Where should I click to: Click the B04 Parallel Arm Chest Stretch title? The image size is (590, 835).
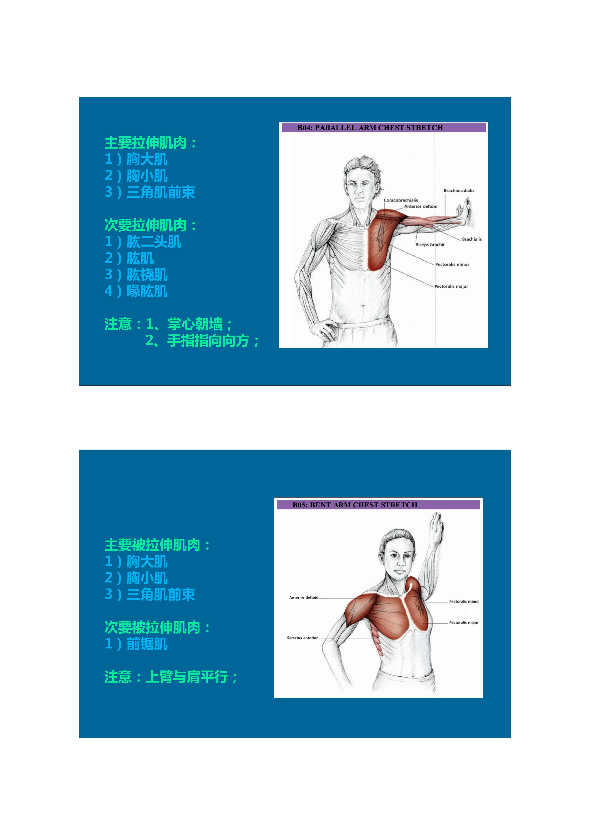click(x=370, y=128)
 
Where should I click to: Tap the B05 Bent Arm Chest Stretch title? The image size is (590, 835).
click(x=355, y=505)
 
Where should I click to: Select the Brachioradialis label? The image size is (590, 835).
click(x=459, y=191)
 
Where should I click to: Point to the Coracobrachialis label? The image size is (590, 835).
click(x=401, y=200)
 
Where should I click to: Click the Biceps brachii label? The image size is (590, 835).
click(x=430, y=245)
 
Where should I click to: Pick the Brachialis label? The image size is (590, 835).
click(x=472, y=239)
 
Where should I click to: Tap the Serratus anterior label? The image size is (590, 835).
click(x=302, y=638)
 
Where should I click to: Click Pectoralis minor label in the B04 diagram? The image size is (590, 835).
click(x=452, y=265)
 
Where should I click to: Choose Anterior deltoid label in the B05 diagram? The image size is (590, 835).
click(x=304, y=598)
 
